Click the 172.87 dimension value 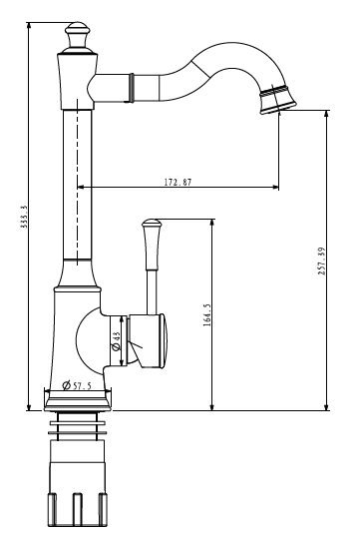point(178,182)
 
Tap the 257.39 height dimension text point(322,262)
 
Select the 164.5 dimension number point(207,314)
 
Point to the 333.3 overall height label point(24,218)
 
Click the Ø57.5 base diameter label point(77,385)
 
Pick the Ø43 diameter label point(117,340)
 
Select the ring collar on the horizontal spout point(131,88)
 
